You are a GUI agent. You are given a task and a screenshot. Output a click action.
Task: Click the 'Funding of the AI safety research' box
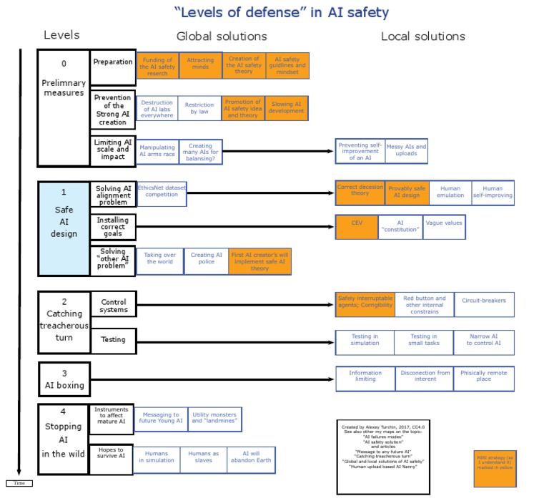tap(157, 65)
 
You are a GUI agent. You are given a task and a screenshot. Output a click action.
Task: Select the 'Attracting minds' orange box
tap(200, 65)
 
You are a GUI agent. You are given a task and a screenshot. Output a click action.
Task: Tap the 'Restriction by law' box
tap(199, 108)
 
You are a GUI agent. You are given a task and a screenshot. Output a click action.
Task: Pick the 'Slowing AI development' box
tap(287, 108)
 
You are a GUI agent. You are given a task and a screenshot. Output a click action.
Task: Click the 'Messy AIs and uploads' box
tap(406, 151)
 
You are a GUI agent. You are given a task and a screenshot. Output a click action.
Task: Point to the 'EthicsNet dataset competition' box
tap(162, 193)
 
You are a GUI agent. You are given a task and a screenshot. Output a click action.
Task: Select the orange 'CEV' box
tap(356, 227)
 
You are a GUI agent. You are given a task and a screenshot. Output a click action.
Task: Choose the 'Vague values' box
tap(444, 227)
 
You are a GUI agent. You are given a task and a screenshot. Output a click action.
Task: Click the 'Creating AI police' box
tap(207, 261)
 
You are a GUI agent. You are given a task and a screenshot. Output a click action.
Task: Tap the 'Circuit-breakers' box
tap(484, 303)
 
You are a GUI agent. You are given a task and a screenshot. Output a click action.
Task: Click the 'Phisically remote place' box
tap(484, 379)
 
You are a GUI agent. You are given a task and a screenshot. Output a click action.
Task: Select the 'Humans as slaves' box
tap(204, 460)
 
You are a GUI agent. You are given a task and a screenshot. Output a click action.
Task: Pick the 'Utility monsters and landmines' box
tap(214, 419)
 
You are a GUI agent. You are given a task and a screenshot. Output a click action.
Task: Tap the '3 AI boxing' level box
tap(64, 379)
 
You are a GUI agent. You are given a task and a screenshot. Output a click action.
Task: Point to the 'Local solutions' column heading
tap(422, 37)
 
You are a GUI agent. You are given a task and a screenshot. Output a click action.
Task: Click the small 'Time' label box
tap(19, 483)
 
